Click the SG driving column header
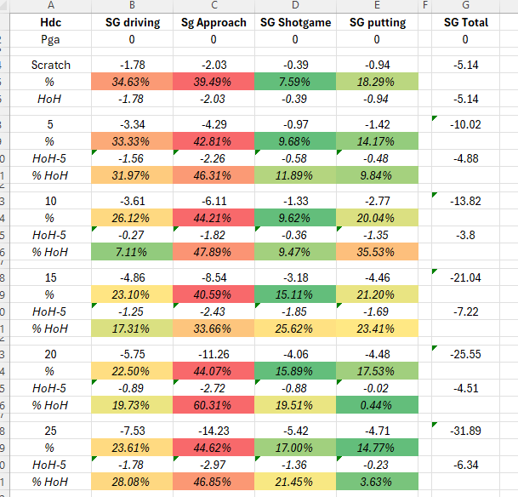[x=132, y=22]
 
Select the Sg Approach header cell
[x=213, y=22]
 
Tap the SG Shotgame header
[x=295, y=22]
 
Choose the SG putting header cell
[x=377, y=22]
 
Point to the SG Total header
[x=465, y=22]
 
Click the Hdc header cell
[x=51, y=22]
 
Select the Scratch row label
[x=51, y=65]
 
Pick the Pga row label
[x=51, y=39]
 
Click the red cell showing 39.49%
[x=213, y=82]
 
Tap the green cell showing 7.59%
[x=295, y=82]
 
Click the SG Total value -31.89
[x=465, y=431]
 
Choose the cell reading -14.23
[x=213, y=431]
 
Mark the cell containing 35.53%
[x=377, y=252]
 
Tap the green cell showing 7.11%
[x=132, y=252]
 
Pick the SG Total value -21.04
[x=465, y=277]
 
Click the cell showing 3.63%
[x=377, y=482]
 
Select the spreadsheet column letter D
[x=295, y=6]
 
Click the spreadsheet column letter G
[x=465, y=6]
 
